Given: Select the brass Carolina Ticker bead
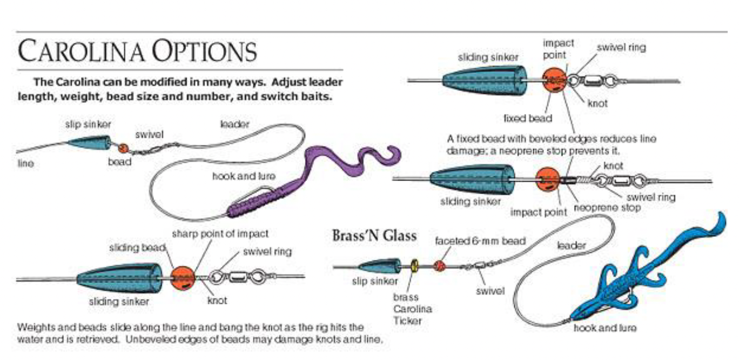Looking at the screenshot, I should point(414,266).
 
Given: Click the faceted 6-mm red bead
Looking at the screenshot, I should point(440,266).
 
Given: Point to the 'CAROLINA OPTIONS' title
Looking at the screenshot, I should point(137,51).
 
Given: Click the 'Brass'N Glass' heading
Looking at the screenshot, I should point(374,236).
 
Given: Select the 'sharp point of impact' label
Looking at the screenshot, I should point(220,234).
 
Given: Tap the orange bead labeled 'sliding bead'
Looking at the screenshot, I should point(183,277).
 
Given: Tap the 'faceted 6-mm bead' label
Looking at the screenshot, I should point(480,241).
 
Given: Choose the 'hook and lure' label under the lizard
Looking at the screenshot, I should point(605,328).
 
